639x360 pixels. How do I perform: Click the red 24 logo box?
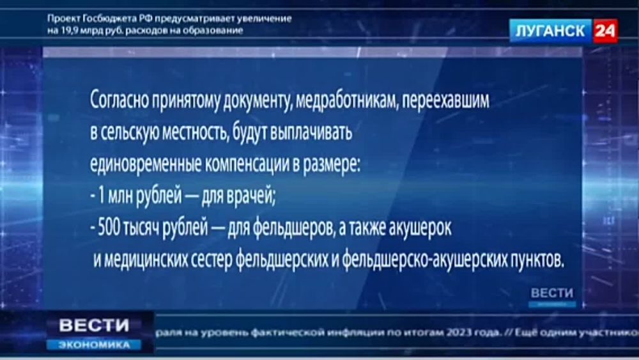click(604, 30)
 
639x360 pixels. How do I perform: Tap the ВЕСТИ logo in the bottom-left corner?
click(94, 325)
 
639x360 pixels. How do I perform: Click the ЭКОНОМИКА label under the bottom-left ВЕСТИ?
click(94, 344)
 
